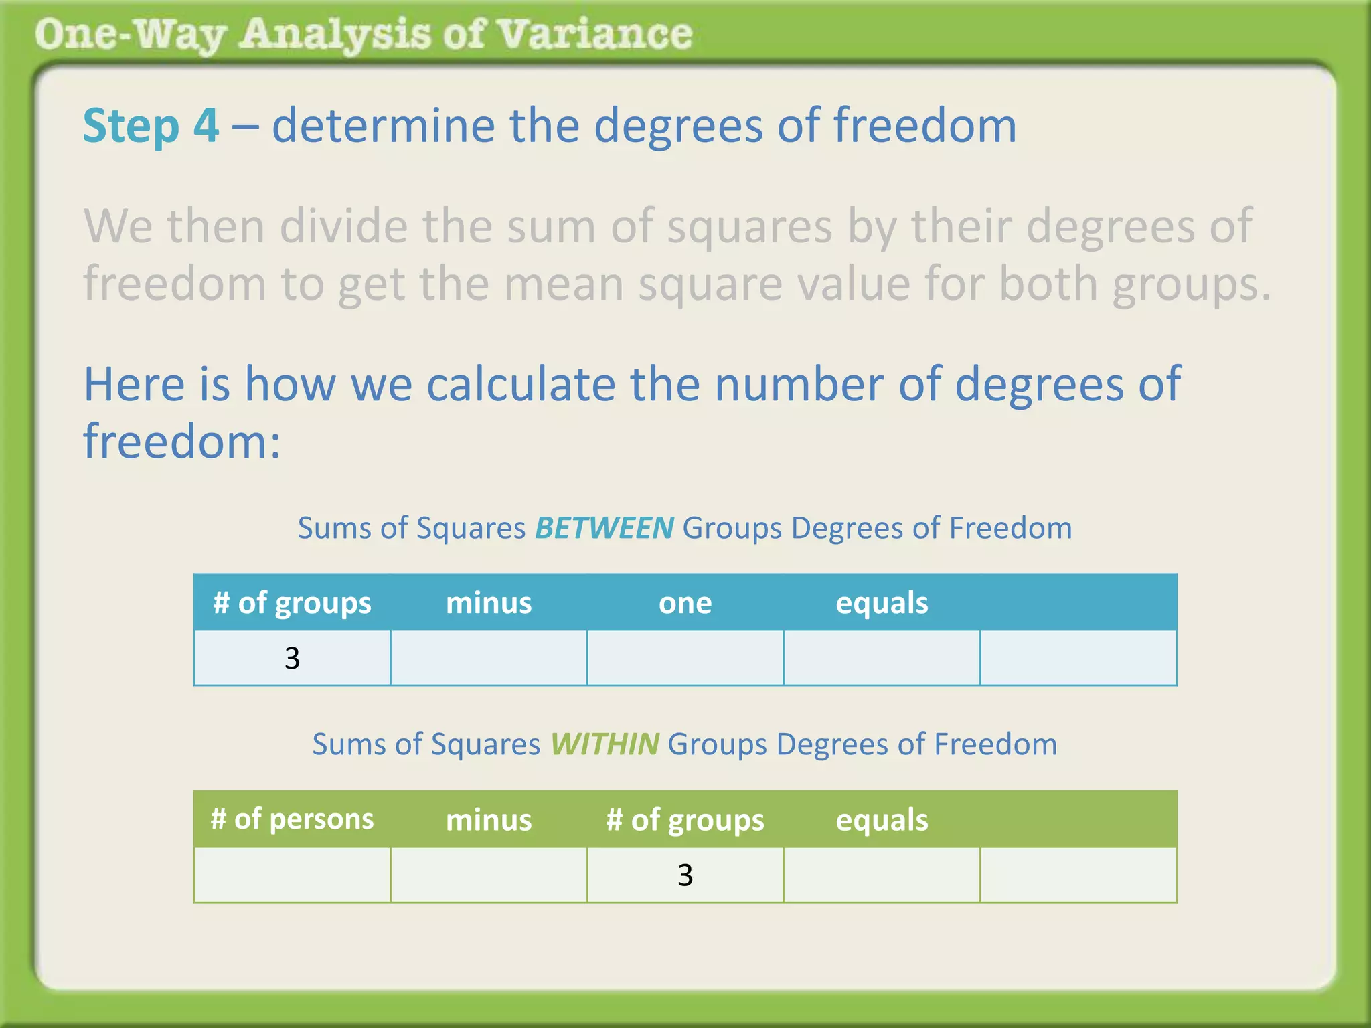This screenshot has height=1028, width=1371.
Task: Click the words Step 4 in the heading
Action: pyautogui.click(x=151, y=126)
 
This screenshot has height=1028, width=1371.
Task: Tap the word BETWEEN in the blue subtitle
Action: pyautogui.click(x=604, y=528)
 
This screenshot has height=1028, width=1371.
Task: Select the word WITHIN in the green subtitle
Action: pyautogui.click(x=604, y=744)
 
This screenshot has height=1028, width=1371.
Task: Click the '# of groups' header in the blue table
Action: pyautogui.click(x=292, y=602)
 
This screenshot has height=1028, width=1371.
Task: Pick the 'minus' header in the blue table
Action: pyautogui.click(x=489, y=602)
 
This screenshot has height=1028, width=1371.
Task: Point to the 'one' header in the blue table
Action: pyautogui.click(x=685, y=602)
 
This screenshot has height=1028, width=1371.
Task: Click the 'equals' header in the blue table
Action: pyautogui.click(x=882, y=602)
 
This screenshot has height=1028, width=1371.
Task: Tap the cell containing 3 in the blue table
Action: pyautogui.click(x=292, y=658)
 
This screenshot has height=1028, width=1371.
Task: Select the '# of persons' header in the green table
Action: pyautogui.click(x=292, y=819)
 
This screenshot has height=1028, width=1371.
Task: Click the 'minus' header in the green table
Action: pyautogui.click(x=489, y=819)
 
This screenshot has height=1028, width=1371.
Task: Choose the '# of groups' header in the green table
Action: pyautogui.click(x=685, y=819)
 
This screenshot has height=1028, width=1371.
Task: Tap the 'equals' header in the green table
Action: pyautogui.click(x=882, y=819)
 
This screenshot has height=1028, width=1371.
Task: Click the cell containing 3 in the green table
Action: pyautogui.click(x=685, y=875)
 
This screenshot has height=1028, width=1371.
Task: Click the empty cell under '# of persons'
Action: pyautogui.click(x=292, y=875)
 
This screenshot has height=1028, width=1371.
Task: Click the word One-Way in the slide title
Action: pyautogui.click(x=130, y=35)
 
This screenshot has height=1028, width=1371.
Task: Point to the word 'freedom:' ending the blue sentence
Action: pyautogui.click(x=181, y=442)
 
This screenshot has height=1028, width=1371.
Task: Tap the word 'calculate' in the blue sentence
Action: pyautogui.click(x=520, y=384)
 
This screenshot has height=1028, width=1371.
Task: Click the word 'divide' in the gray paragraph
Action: pyautogui.click(x=343, y=226)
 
